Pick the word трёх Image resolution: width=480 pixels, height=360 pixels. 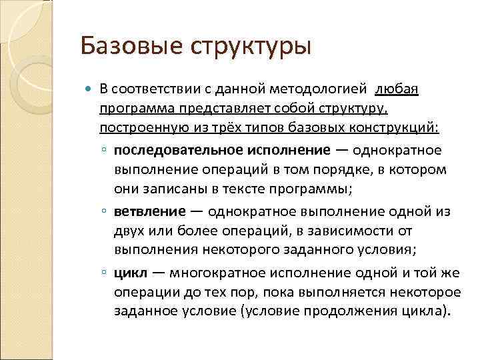click(231, 127)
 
